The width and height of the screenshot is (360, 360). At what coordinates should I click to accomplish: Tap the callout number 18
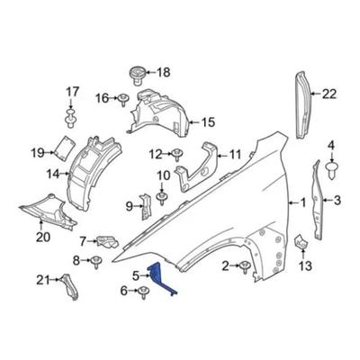(164, 72)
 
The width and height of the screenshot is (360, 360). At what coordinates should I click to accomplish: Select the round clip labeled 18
(137, 76)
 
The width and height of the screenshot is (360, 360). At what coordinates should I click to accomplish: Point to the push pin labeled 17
(70, 119)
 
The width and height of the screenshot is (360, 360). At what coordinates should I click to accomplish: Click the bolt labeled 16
(123, 100)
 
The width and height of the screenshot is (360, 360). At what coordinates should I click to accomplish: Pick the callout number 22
(329, 94)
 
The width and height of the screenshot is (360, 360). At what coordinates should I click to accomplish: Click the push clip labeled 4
(331, 171)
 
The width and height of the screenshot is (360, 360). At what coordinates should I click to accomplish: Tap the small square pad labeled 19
(64, 148)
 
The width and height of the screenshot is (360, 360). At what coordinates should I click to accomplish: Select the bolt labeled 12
(177, 155)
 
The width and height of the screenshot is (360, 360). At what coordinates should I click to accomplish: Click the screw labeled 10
(162, 198)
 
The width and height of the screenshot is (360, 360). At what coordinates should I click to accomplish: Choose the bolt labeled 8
(95, 262)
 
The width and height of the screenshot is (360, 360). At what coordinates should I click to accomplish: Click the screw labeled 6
(144, 292)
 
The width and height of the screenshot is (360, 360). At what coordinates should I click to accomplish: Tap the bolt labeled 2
(245, 266)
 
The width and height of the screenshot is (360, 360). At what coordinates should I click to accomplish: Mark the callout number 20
(43, 238)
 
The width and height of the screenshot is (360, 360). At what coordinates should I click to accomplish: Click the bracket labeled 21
(70, 285)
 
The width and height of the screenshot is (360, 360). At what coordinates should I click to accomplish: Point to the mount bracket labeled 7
(107, 242)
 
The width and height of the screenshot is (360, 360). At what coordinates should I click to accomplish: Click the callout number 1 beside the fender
(302, 202)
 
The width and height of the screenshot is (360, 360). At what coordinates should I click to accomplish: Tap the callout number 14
(53, 174)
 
